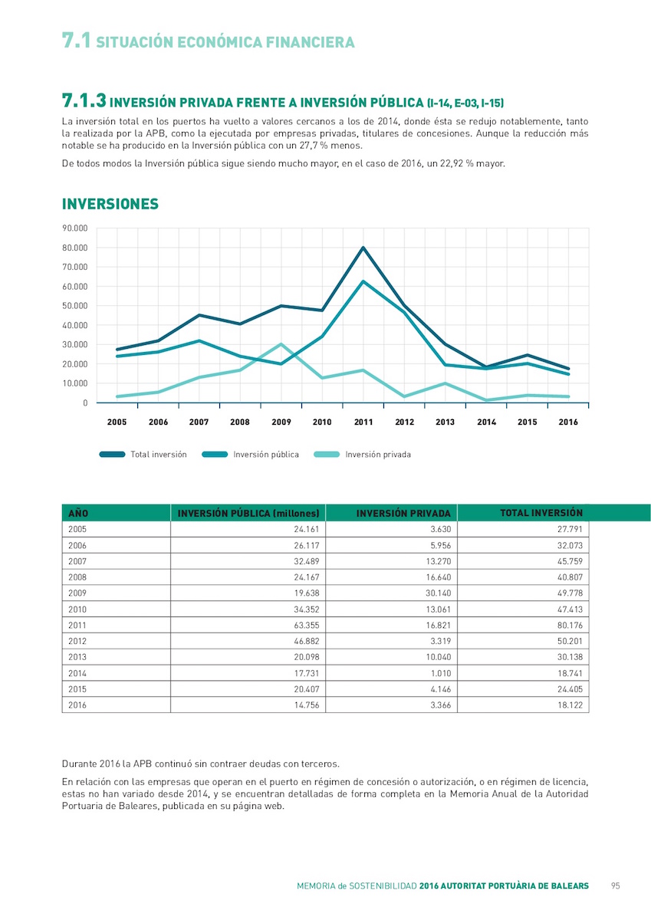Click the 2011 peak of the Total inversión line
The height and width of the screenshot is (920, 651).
(x=363, y=247)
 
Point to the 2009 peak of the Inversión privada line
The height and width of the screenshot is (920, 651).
(x=281, y=344)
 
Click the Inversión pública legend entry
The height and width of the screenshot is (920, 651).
(x=251, y=454)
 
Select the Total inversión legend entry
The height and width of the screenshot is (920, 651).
(x=143, y=454)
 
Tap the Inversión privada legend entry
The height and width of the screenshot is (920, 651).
(x=362, y=454)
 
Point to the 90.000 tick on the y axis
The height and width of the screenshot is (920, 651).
(x=74, y=228)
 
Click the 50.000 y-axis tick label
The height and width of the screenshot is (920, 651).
(x=74, y=306)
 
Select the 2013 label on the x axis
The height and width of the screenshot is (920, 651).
(x=446, y=422)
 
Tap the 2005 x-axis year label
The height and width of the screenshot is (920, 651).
(x=117, y=422)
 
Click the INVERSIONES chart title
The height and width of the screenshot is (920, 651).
(x=110, y=204)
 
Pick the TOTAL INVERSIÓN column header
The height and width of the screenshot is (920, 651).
(x=541, y=513)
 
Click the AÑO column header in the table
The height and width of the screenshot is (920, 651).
(x=78, y=513)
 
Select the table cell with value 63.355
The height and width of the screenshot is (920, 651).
(x=307, y=625)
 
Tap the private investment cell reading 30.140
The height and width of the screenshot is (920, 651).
(x=439, y=593)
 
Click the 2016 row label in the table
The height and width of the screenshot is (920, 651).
(x=77, y=705)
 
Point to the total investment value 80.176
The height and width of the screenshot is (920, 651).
(x=570, y=625)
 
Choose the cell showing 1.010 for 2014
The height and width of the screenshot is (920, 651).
(x=441, y=673)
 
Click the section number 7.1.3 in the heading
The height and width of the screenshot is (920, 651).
(x=84, y=100)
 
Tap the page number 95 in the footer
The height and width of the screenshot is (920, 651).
(x=615, y=886)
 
